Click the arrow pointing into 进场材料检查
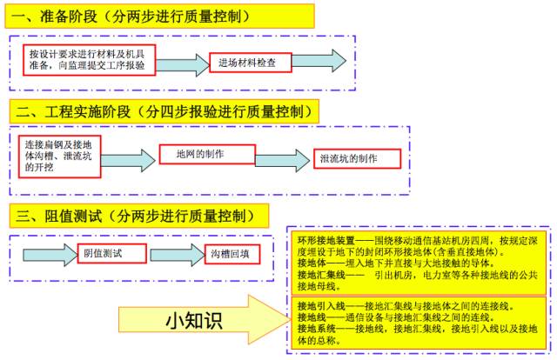[x=179, y=62]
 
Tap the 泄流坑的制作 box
[x=355, y=159]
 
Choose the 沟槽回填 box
[x=230, y=254]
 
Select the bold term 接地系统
[x=317, y=330]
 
